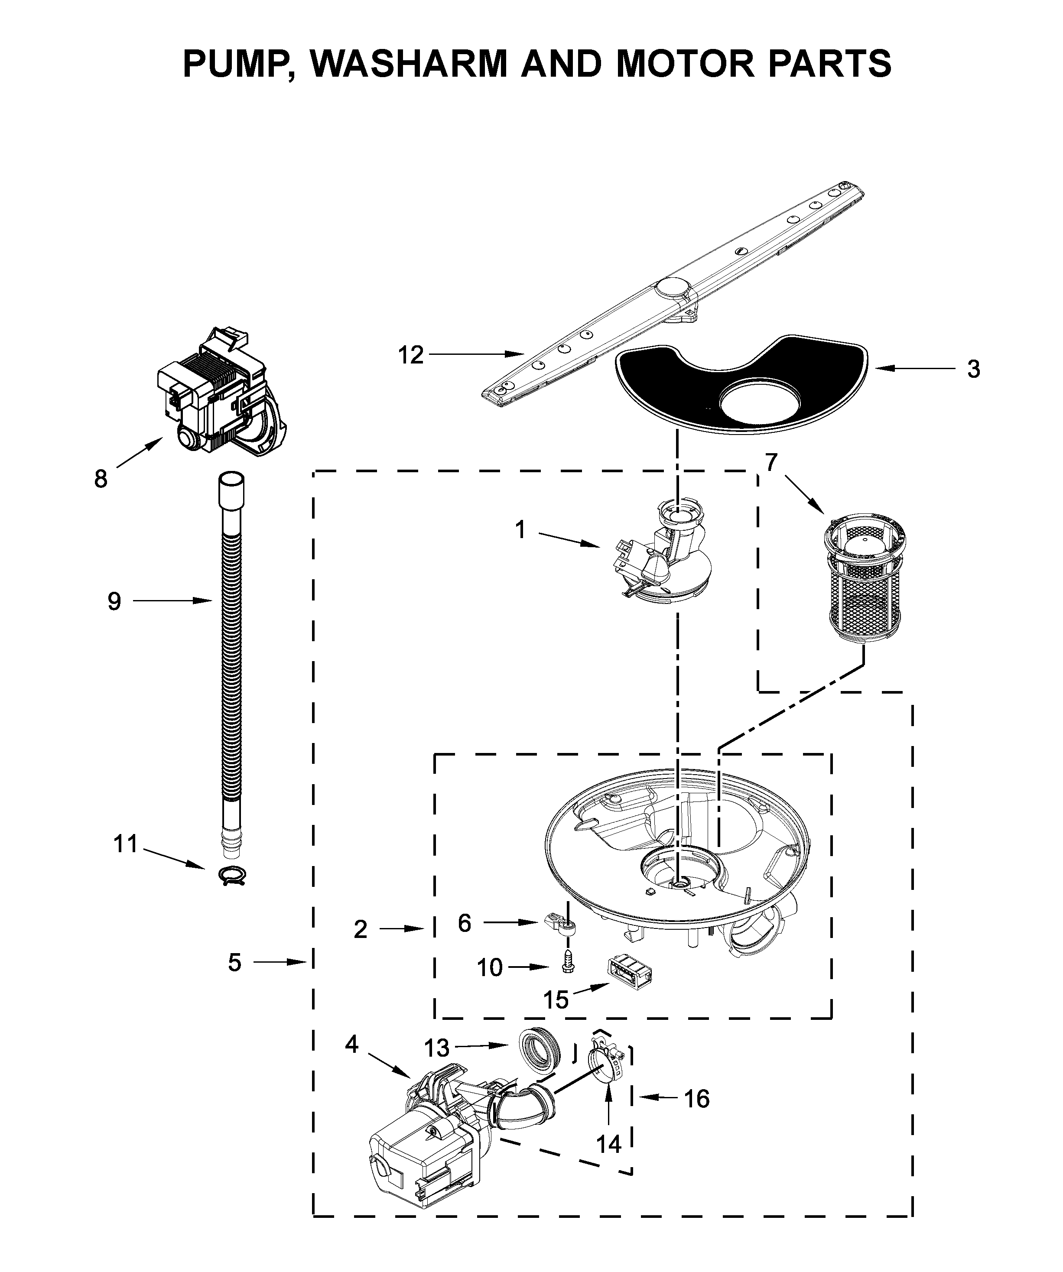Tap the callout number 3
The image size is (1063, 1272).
point(973,369)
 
